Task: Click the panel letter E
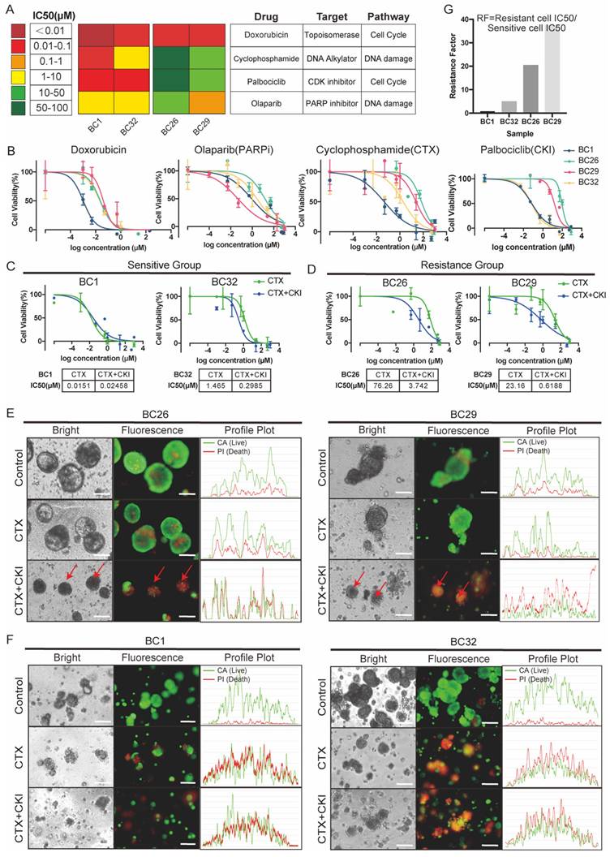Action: pyautogui.click(x=9, y=413)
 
